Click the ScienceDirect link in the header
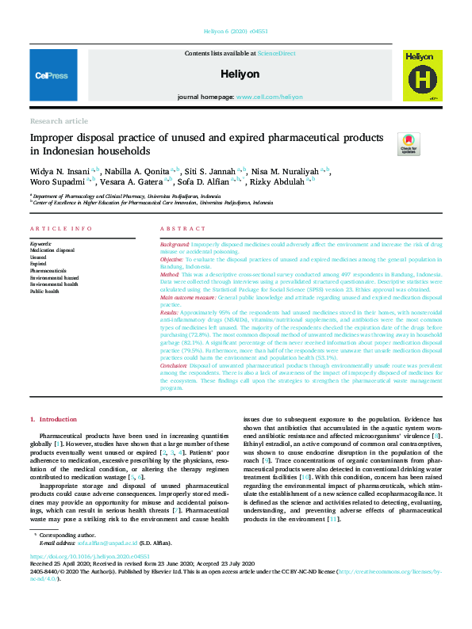click(276, 53)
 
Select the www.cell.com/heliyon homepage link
click(270, 97)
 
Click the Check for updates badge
click(409, 143)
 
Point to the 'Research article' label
click(59, 121)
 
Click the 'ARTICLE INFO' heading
click(60, 228)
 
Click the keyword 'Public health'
click(44, 292)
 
